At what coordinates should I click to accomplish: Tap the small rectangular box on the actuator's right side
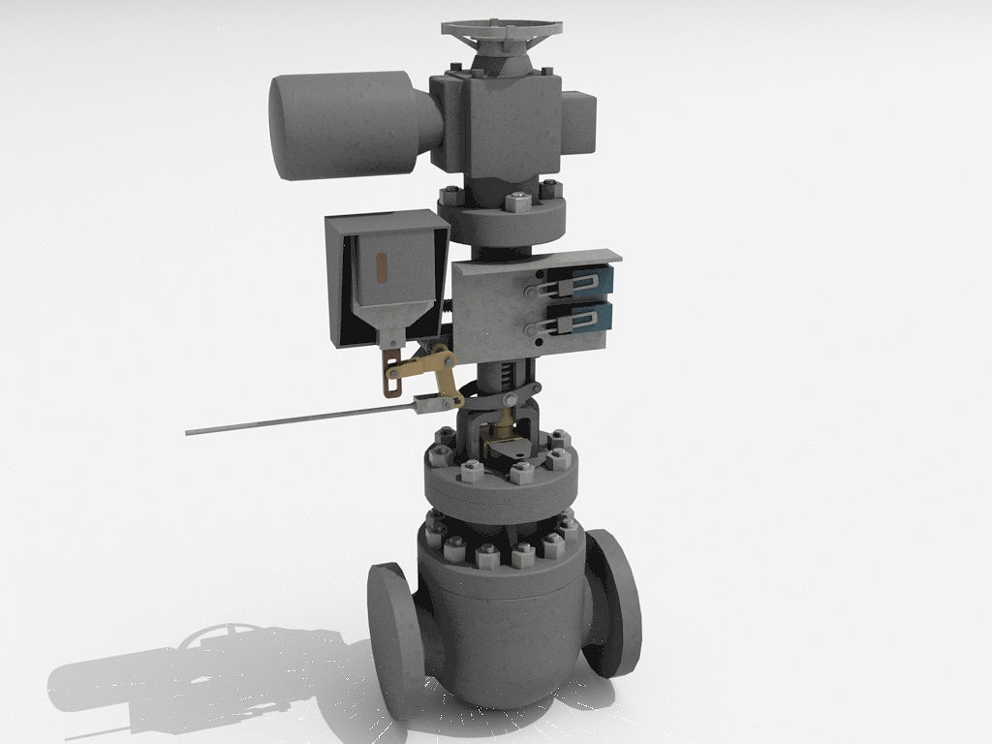point(577,123)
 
